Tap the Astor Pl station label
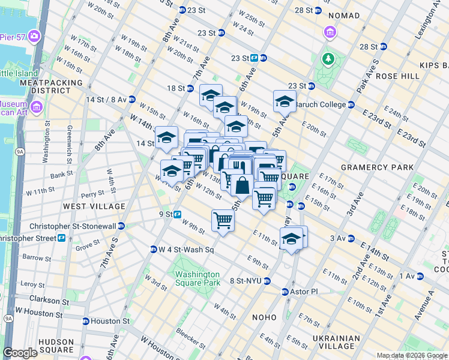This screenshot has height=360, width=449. [x=304, y=292]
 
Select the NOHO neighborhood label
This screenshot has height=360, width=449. [x=264, y=317]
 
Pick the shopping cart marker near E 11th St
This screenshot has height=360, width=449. [x=223, y=220]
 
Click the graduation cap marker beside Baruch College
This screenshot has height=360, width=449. [x=285, y=101]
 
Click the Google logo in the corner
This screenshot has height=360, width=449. [x=20, y=353]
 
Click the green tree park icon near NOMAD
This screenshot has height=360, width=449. [x=328, y=58]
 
